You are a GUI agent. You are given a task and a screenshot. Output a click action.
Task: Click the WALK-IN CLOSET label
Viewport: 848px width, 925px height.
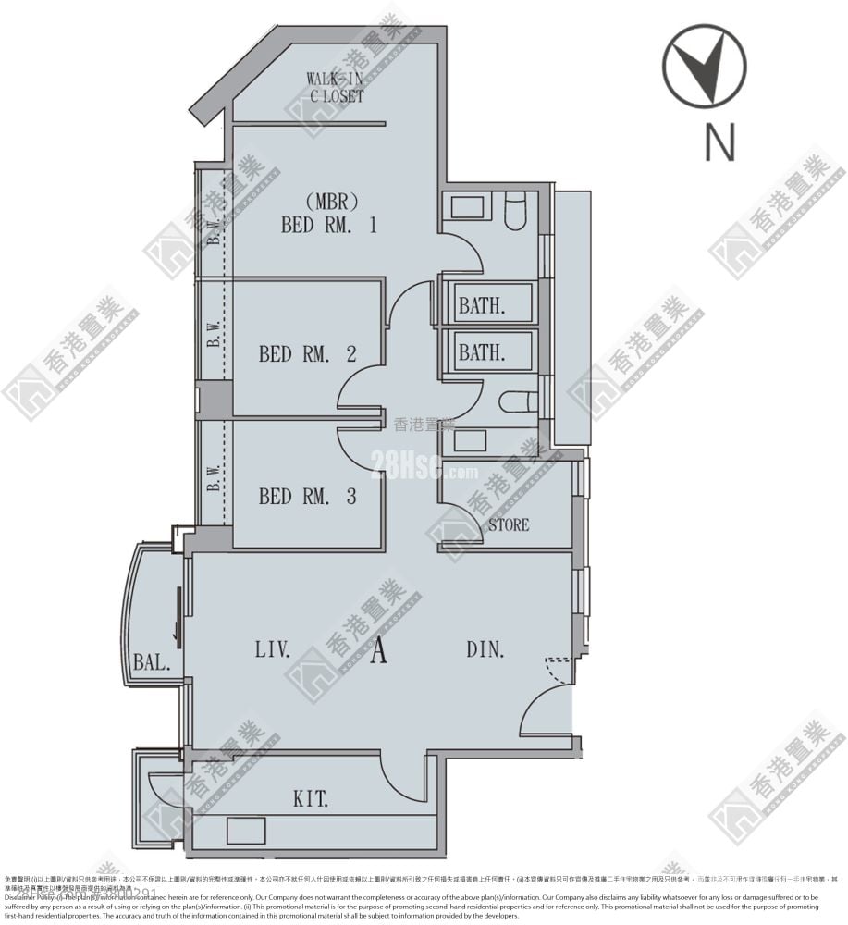[x=335, y=87]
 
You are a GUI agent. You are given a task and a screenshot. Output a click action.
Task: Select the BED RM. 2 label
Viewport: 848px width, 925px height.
[x=308, y=353]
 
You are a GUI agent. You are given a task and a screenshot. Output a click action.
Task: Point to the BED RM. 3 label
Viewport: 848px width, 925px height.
[x=308, y=497]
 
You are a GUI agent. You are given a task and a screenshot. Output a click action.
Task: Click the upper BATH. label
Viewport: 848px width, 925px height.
[x=482, y=305]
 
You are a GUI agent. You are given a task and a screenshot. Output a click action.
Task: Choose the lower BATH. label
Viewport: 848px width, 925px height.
[x=482, y=352]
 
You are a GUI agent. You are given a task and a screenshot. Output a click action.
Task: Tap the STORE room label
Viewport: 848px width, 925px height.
[x=509, y=524]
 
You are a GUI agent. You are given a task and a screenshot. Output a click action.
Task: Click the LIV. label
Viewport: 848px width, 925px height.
[x=273, y=650]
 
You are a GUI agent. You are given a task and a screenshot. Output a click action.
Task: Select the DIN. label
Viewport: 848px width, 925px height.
[x=485, y=650]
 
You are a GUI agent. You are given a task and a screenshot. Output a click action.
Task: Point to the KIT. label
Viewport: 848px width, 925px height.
[x=311, y=798]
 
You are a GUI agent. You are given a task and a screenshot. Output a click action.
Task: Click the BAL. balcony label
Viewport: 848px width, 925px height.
[x=151, y=662]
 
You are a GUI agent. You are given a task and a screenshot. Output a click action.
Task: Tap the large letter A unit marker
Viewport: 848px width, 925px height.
[x=378, y=653]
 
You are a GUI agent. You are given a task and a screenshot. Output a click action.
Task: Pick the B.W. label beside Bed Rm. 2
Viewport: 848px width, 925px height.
[x=214, y=335]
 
